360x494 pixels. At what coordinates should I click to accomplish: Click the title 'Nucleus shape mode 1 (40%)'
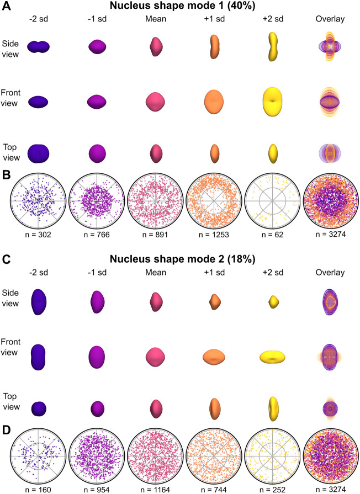182,6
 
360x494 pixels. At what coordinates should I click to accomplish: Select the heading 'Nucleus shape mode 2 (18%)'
182,259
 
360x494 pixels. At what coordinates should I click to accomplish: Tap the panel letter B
6,175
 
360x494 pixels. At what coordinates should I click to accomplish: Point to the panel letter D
6,430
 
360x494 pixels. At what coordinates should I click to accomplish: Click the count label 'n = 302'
38,235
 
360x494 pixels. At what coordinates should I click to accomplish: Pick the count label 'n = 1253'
214,235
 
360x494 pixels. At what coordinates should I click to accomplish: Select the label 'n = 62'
273,235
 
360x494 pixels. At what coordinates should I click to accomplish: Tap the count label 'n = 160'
38,490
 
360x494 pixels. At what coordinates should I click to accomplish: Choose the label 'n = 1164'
155,490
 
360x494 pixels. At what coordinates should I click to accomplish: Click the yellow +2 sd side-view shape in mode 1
273,46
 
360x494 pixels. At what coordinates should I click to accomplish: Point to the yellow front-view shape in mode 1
273,102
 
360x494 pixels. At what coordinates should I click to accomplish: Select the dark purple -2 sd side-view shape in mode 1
38,47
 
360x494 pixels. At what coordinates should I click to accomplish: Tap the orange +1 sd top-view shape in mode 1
214,153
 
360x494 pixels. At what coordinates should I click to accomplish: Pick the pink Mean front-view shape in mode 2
156,357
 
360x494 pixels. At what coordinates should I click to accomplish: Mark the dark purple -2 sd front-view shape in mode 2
38,357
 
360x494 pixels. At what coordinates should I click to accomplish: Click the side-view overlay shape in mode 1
330,46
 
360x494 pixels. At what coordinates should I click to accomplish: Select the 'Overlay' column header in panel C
330,273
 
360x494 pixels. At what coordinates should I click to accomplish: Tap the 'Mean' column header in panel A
156,19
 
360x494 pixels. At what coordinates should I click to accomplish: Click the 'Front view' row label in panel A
10,98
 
